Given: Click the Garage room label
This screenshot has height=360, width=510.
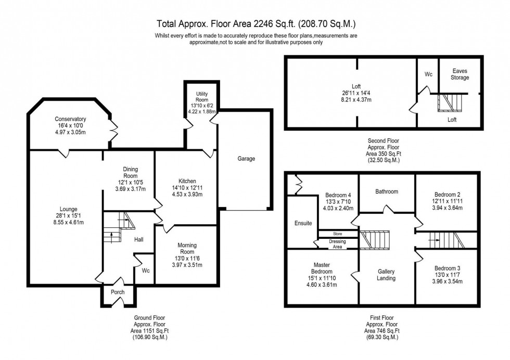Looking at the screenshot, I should [246, 159].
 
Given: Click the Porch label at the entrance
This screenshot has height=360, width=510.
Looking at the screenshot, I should [118, 292].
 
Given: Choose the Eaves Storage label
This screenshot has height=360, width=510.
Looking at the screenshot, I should [460, 74].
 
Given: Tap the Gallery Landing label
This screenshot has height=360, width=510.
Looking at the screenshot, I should [386, 275].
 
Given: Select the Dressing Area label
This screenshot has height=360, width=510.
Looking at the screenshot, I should [337, 243].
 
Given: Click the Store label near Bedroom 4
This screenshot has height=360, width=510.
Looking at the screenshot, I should [337, 234].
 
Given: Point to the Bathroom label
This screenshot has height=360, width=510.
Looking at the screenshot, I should [387, 191].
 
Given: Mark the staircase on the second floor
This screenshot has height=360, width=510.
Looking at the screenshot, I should [449, 103].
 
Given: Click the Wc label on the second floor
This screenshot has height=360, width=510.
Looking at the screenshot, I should [428, 74].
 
